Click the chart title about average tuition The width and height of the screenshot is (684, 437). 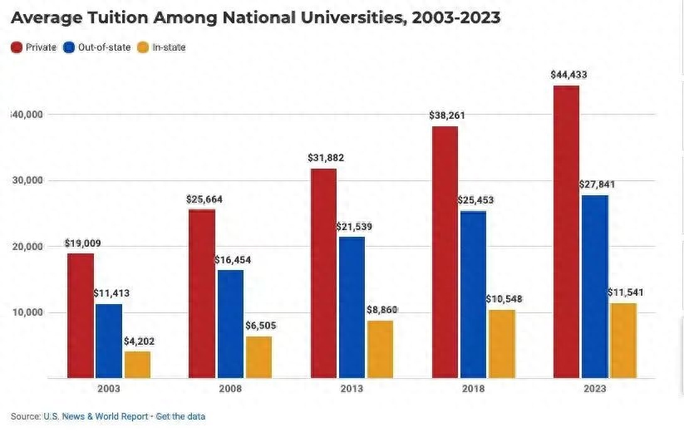[x=255, y=17]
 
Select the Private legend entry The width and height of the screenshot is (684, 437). [x=33, y=47]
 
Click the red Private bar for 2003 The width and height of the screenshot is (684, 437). [x=81, y=316]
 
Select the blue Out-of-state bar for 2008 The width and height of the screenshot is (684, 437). [x=230, y=324]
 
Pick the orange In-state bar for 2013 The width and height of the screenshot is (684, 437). [x=380, y=350]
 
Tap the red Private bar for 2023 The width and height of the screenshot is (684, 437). [x=566, y=233]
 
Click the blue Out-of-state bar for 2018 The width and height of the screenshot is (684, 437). [x=473, y=295]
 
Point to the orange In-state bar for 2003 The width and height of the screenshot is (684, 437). [x=137, y=365]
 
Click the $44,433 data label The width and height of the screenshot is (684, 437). [x=568, y=75]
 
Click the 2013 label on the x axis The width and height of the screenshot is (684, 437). [x=352, y=389]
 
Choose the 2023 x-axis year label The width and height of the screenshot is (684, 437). [x=594, y=389]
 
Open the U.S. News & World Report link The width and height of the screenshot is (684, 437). [x=96, y=416]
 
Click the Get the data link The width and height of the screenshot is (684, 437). [x=180, y=416]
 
